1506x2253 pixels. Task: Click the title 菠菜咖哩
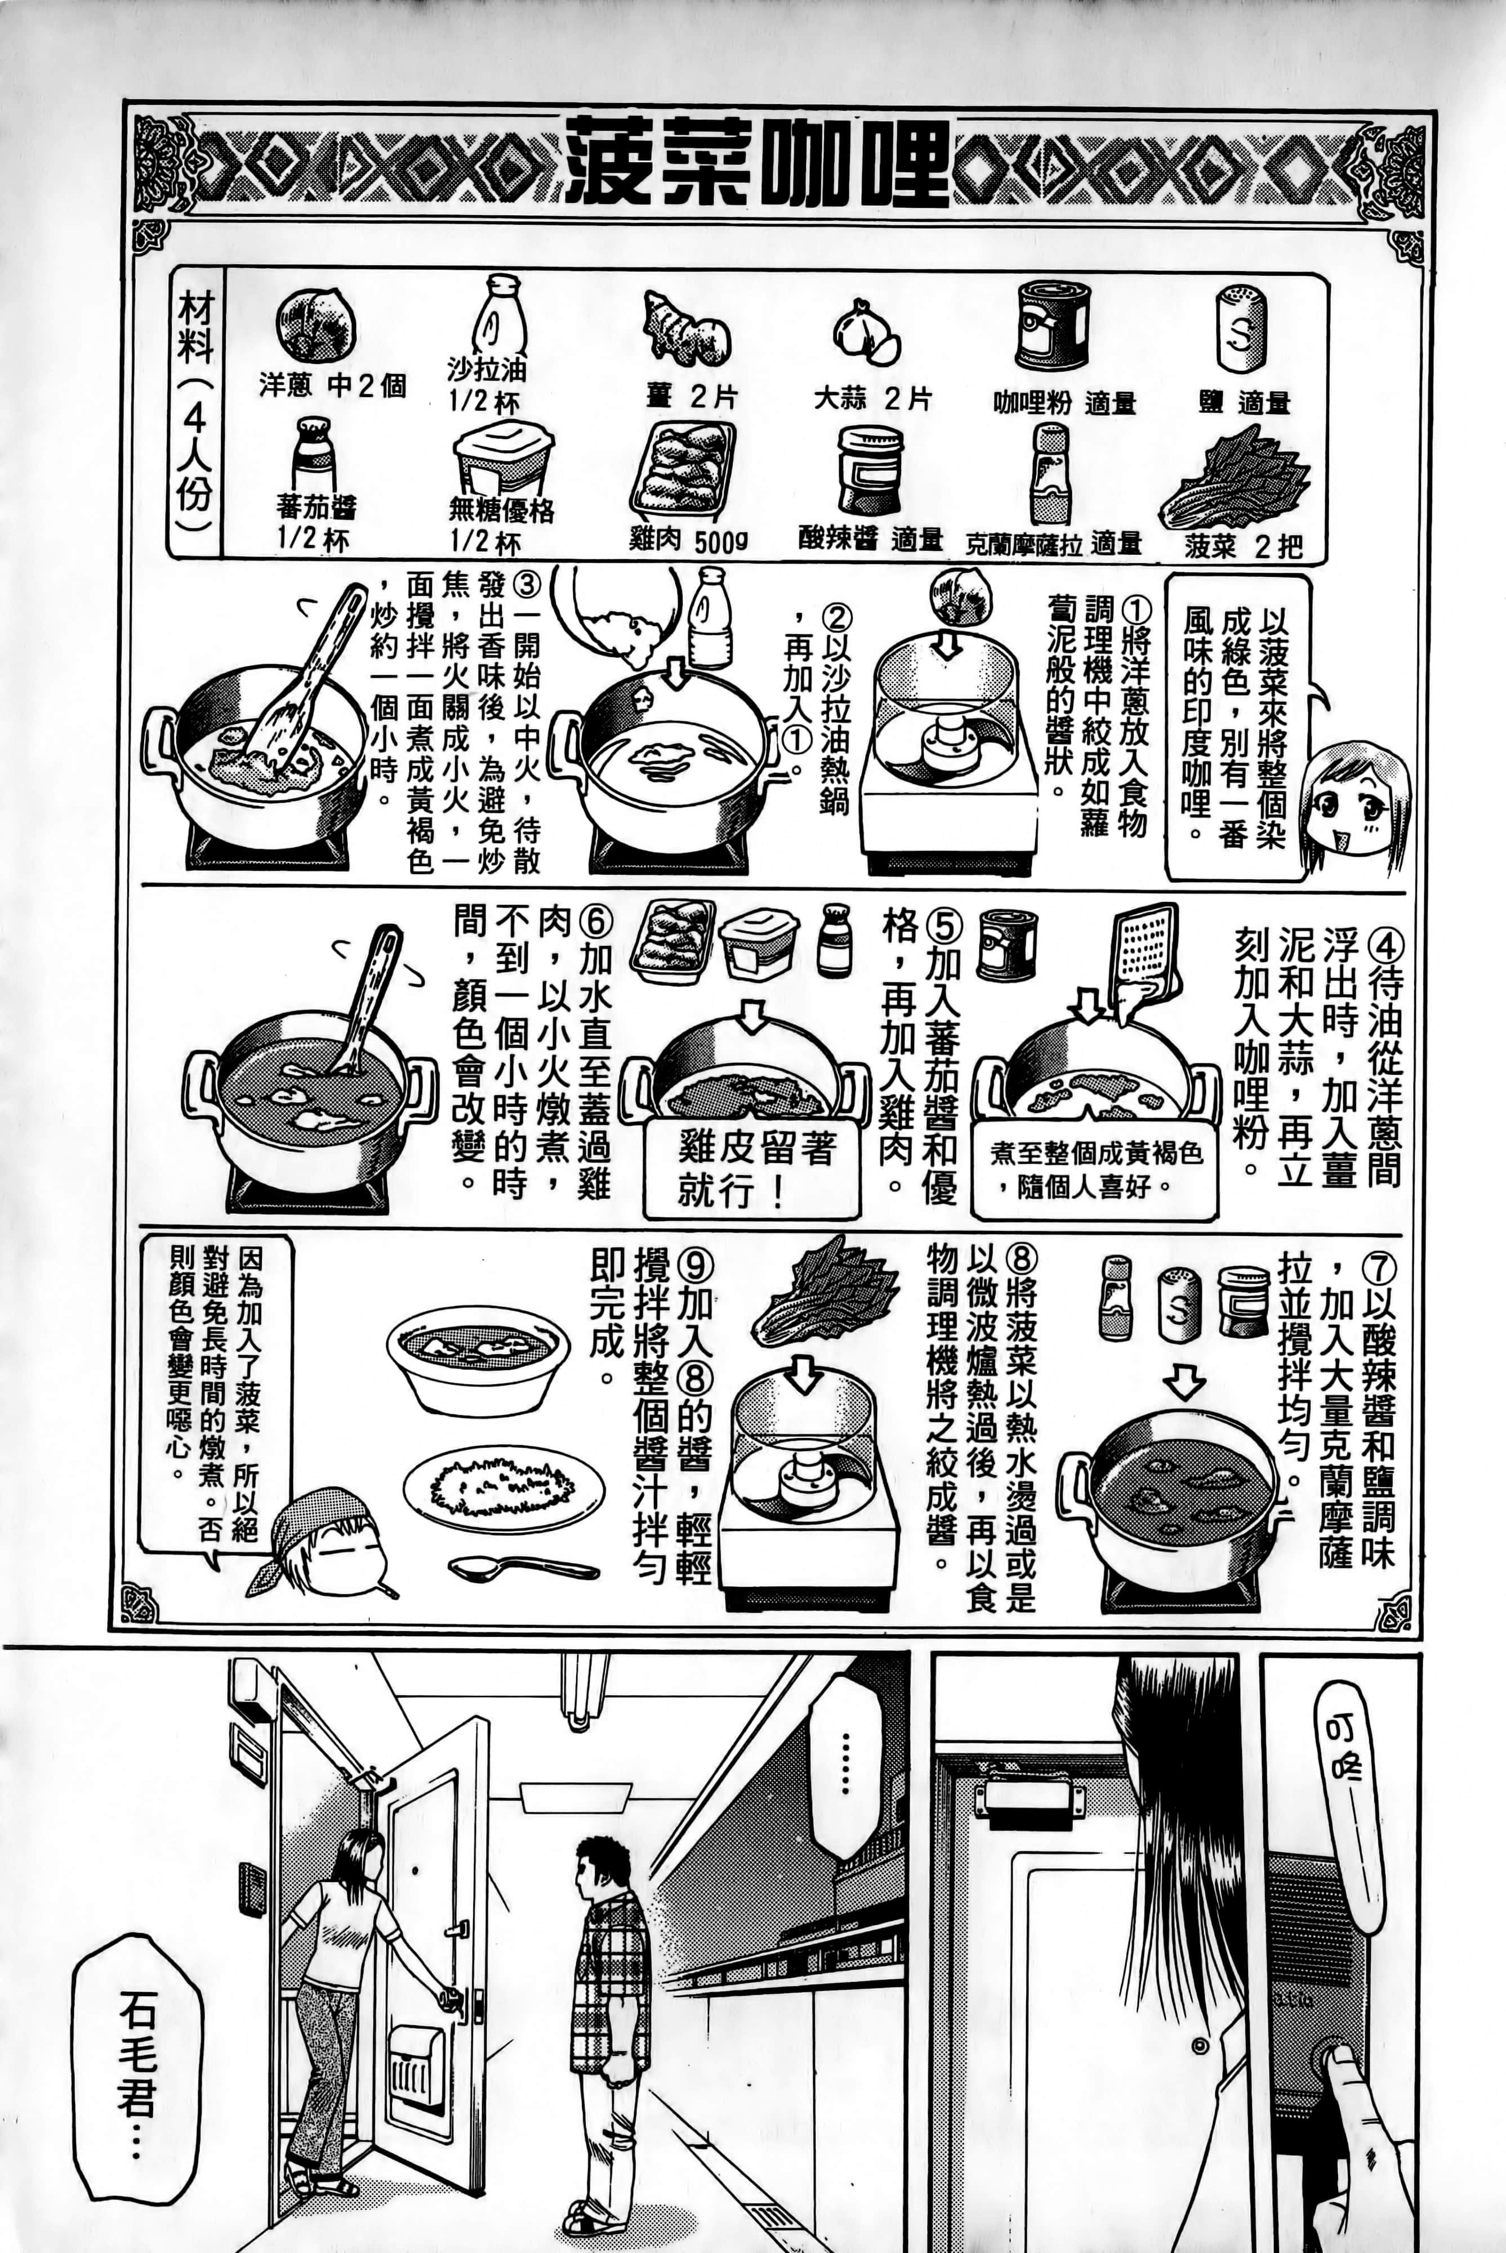(757, 163)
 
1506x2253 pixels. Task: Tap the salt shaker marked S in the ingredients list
(1241, 331)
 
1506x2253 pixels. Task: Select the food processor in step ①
(948, 749)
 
